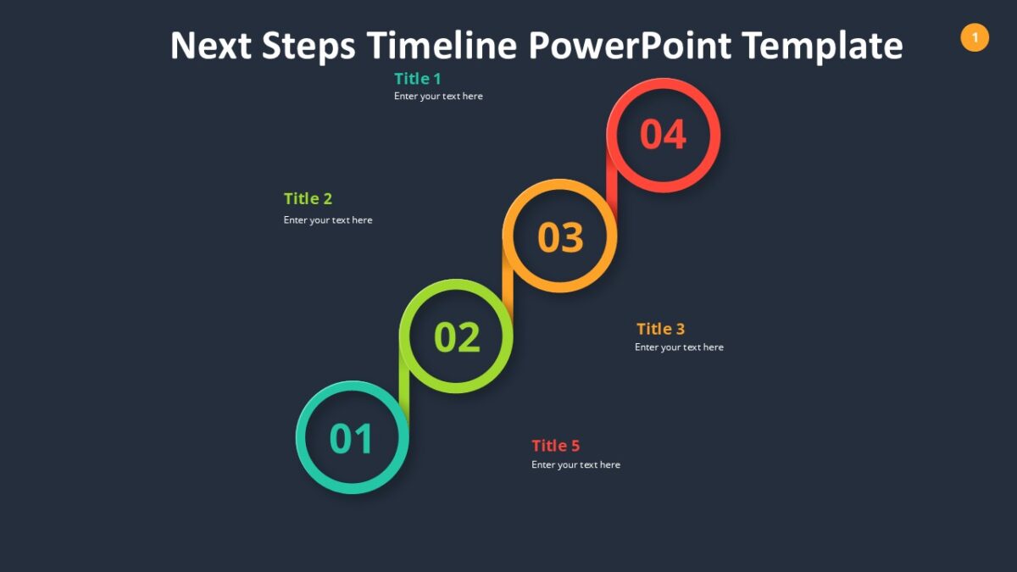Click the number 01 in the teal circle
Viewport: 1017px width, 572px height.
[352, 439]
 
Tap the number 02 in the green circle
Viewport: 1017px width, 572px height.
[457, 337]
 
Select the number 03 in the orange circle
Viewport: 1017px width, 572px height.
[560, 237]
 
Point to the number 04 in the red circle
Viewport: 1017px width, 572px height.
[663, 135]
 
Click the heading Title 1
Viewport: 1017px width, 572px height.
[418, 79]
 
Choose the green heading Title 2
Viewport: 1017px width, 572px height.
[308, 198]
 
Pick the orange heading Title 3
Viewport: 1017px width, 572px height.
[660, 329]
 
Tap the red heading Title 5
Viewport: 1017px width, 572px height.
[556, 446]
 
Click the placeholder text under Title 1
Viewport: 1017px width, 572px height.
[438, 97]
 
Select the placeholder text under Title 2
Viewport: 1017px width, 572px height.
[328, 220]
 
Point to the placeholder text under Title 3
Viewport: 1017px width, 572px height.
[679, 347]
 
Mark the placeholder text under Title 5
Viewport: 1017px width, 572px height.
[575, 465]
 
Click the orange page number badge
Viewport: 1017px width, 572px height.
[975, 37]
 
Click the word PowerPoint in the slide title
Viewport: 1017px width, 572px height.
[630, 45]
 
